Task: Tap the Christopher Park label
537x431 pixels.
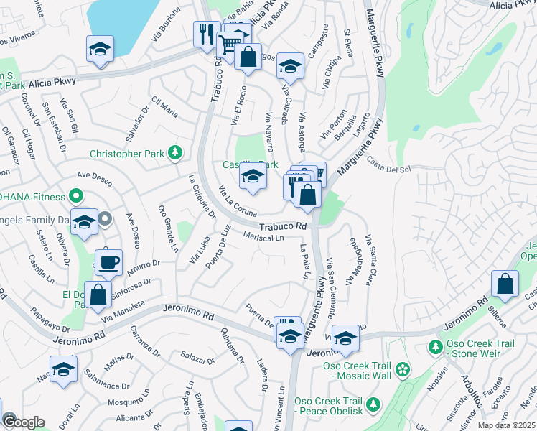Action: [x=128, y=154]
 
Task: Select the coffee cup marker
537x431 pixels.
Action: [x=108, y=262]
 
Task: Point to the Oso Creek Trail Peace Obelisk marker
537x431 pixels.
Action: [x=373, y=406]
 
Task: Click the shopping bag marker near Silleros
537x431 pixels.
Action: [x=505, y=283]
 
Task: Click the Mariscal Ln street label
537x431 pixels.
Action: [x=264, y=236]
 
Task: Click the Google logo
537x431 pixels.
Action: [x=24, y=422]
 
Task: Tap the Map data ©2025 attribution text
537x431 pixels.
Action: [x=507, y=425]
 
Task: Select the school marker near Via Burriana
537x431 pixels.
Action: [x=101, y=50]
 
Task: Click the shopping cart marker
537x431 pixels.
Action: [x=228, y=45]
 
